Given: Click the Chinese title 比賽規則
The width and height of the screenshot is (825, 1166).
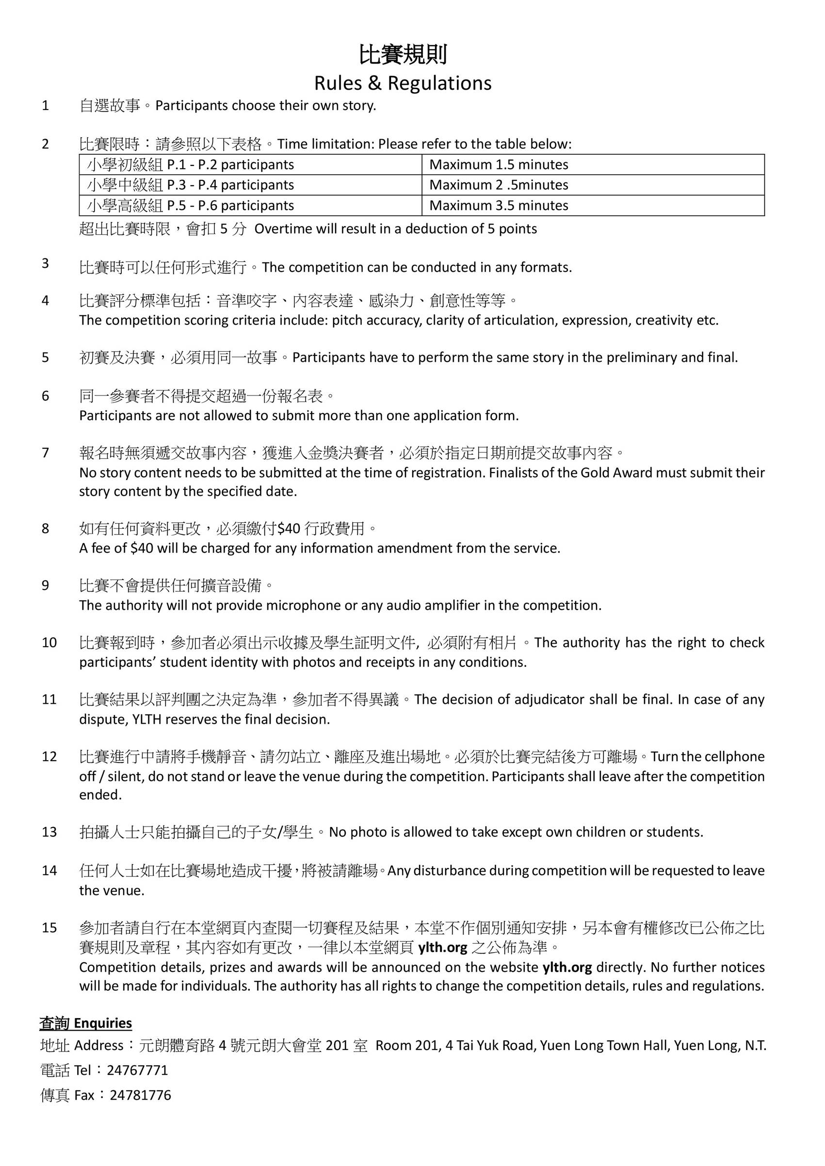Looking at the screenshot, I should pos(403,55).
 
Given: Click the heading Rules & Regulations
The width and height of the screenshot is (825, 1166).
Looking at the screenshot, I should pos(403,83).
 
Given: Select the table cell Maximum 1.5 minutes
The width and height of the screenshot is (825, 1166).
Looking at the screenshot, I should pos(499,164).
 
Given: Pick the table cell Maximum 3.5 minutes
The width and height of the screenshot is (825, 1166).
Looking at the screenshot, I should pos(499,206).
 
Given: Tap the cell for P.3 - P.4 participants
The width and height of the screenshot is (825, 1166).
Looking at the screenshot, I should pos(191,185).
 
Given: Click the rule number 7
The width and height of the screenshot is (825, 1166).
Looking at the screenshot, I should pos(46,453).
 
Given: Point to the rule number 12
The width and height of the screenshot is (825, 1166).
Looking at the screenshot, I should pos(49,757).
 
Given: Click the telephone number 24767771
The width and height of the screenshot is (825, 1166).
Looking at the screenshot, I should pos(137,1070).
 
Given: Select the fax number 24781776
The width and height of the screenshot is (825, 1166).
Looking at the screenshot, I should pos(140,1095).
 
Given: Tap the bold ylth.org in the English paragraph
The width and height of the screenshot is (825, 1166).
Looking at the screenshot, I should pos(567,967).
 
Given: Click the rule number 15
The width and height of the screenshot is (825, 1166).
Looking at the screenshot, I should pos(49,928).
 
